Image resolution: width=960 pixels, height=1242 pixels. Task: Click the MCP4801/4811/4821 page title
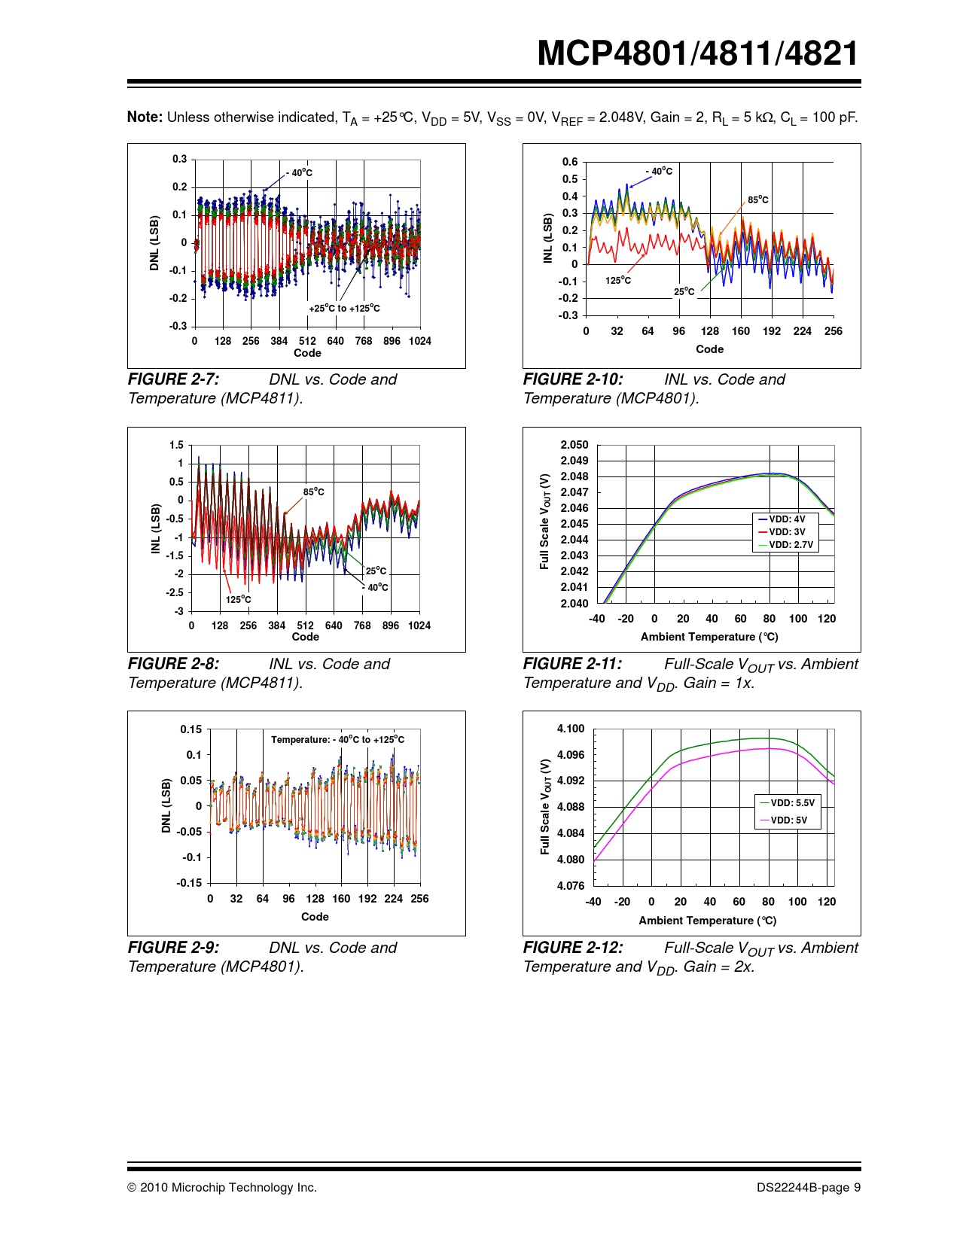click(x=697, y=53)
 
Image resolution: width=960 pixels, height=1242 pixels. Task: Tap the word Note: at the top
click(x=145, y=117)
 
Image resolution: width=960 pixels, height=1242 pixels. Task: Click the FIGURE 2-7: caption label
click(x=173, y=379)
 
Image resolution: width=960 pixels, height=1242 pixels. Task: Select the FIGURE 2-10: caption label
click(x=572, y=379)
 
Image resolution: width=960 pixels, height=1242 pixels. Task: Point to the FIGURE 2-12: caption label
click(x=572, y=948)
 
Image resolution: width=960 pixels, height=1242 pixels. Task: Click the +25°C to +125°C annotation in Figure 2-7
click(x=344, y=308)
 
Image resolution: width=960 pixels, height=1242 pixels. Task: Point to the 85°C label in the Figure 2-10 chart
click(x=757, y=200)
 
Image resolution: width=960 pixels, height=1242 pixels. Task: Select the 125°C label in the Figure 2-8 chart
click(x=238, y=599)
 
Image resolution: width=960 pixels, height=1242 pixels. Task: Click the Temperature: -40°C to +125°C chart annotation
click(x=337, y=739)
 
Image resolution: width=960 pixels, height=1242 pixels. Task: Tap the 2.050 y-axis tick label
click(x=574, y=445)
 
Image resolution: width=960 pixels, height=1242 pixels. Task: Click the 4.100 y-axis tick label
click(x=571, y=729)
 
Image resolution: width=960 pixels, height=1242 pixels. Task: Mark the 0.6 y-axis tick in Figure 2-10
click(x=570, y=162)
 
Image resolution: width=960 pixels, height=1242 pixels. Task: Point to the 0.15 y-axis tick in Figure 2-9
click(x=190, y=729)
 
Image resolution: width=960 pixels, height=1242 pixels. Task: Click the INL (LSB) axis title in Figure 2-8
click(x=157, y=528)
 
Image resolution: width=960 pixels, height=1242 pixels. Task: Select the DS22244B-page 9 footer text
click(x=809, y=1187)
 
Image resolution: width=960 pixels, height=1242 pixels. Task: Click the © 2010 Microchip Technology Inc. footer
click(x=222, y=1187)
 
